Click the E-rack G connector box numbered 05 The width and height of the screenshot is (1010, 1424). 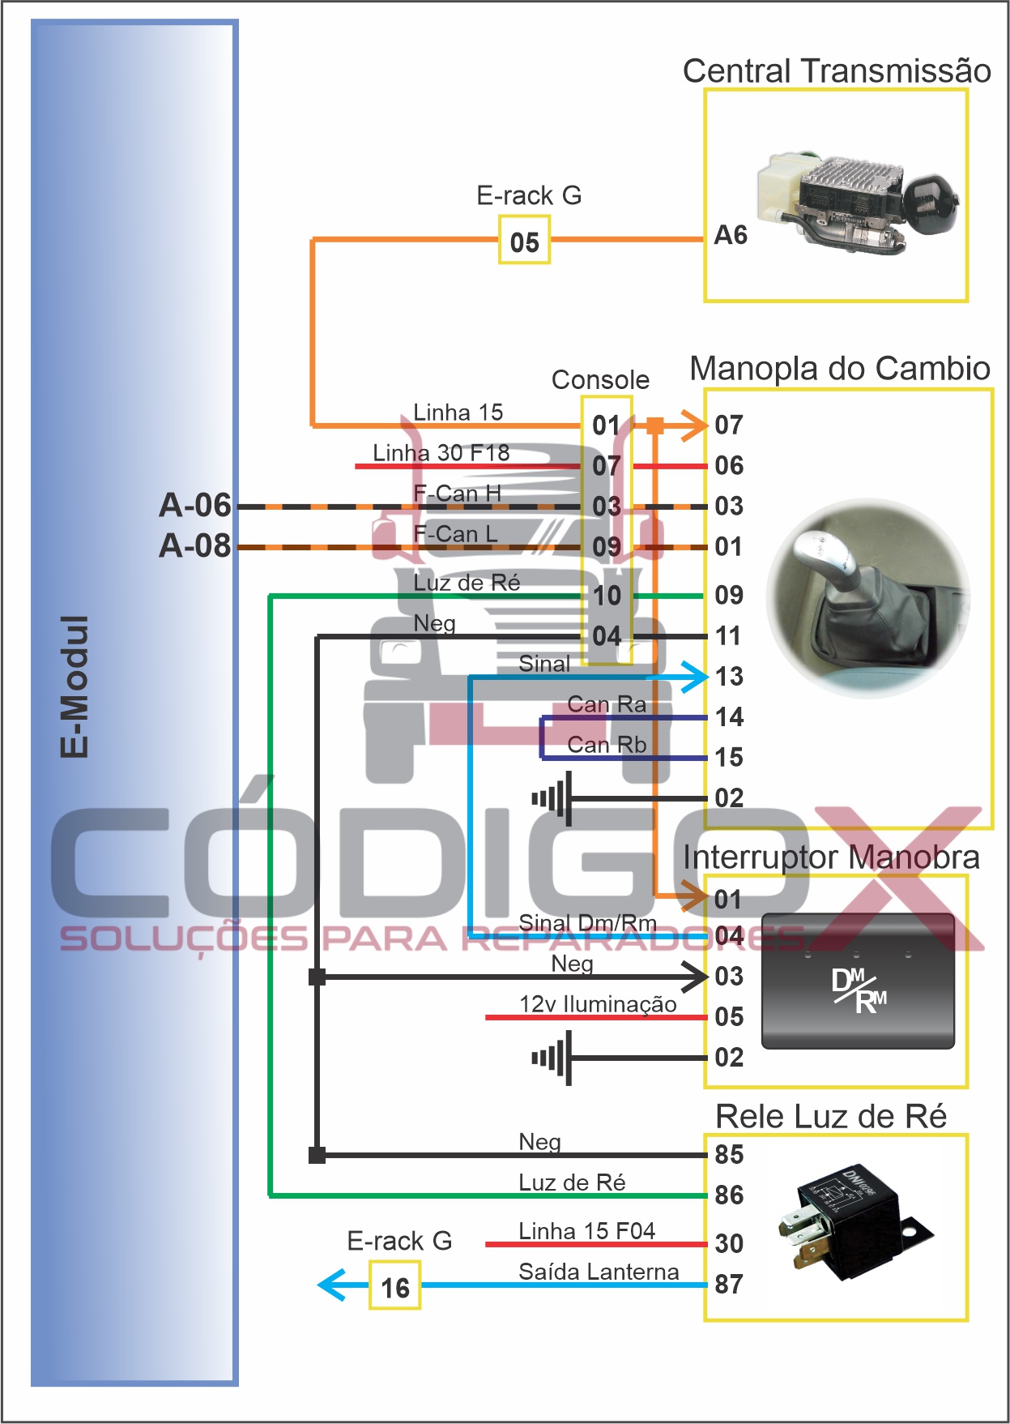point(524,241)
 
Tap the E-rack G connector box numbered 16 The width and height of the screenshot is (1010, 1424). point(395,1287)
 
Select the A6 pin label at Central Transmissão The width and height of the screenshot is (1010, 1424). point(730,236)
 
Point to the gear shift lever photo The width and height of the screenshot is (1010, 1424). point(868,598)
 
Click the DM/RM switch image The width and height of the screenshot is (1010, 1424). point(859,982)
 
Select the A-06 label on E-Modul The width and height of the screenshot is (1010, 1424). point(195,506)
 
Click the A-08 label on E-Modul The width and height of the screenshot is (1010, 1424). point(195,546)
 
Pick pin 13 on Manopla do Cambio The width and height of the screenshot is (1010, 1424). point(729,677)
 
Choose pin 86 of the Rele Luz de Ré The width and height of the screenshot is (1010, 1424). point(729,1195)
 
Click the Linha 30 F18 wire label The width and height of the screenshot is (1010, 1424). point(441,453)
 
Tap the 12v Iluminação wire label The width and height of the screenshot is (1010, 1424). point(598,1004)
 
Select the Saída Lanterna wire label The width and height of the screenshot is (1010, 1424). point(599,1272)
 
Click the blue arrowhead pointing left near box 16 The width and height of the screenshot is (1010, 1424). point(333,1285)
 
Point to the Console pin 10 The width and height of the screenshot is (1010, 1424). point(607,597)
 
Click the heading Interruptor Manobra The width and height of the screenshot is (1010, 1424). point(831,857)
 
